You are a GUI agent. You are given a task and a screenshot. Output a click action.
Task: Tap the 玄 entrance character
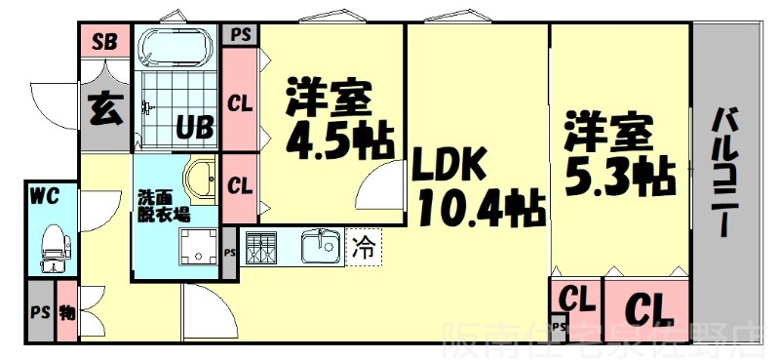tap(105, 107)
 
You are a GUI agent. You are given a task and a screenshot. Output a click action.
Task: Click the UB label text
tap(195, 127)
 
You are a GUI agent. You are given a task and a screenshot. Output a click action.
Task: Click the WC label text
tap(44, 195)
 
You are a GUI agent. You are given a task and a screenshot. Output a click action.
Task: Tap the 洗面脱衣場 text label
tap(162, 205)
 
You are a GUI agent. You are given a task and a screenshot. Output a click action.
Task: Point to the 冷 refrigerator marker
tap(361, 247)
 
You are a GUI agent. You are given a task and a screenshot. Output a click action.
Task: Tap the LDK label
tap(448, 167)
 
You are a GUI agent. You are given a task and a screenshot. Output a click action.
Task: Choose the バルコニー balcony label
tap(726, 172)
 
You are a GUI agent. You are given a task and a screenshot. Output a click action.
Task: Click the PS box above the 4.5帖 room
tap(240, 34)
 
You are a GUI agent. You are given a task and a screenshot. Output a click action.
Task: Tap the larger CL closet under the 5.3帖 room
tap(646, 310)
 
